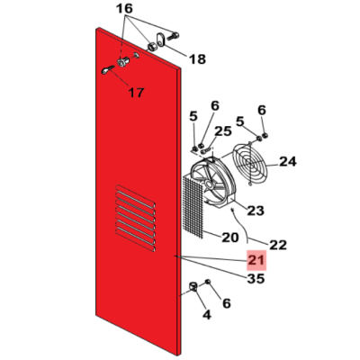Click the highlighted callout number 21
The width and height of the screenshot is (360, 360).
point(256,260)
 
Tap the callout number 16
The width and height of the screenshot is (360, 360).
point(124,9)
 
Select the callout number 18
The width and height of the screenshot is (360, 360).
point(197,59)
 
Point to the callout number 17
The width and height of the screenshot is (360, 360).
point(136,93)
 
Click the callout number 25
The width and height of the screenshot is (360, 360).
point(223,131)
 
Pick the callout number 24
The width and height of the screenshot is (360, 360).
point(288,162)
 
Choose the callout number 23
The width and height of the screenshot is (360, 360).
point(256,211)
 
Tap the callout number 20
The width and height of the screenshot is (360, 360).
point(230,238)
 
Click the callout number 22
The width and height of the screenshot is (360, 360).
point(278,245)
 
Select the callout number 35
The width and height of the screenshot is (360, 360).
point(256,279)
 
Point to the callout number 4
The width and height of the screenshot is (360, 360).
point(207,315)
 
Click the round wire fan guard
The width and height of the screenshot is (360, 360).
point(250,165)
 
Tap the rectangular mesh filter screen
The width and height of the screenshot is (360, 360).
point(193,207)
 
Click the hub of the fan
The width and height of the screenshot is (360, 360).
point(209,184)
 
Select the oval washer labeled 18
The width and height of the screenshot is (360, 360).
point(160,40)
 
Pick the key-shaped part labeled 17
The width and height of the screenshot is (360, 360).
point(108,70)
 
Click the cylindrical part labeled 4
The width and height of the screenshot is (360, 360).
point(193,287)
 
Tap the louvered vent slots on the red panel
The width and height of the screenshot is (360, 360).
point(135,218)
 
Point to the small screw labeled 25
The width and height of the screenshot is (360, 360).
point(207,149)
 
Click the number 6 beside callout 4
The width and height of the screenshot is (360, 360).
point(226,303)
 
